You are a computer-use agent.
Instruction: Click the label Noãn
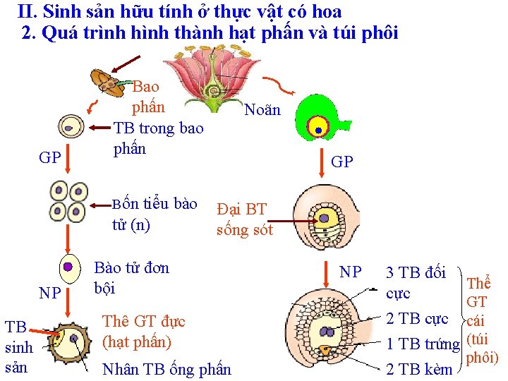click(262, 110)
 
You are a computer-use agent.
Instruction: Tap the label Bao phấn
click(147, 97)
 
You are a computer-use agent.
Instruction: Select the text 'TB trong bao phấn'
click(158, 138)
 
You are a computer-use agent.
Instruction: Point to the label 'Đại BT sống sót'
click(244, 219)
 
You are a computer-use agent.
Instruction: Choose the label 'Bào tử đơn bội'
click(132, 278)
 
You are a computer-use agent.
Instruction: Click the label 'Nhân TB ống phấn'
click(167, 369)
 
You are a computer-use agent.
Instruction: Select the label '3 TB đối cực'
click(416, 282)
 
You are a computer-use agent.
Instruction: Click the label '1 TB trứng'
click(423, 345)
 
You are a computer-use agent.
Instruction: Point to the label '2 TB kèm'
click(419, 368)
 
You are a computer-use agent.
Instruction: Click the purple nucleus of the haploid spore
click(68, 267)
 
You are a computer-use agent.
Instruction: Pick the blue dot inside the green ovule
click(318, 131)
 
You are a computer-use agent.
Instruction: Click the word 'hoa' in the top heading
click(326, 11)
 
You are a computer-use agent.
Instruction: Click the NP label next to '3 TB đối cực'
click(350, 272)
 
